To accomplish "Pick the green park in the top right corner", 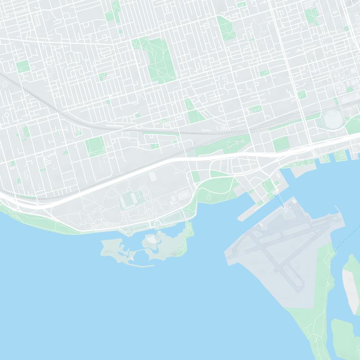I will coord(311,16).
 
